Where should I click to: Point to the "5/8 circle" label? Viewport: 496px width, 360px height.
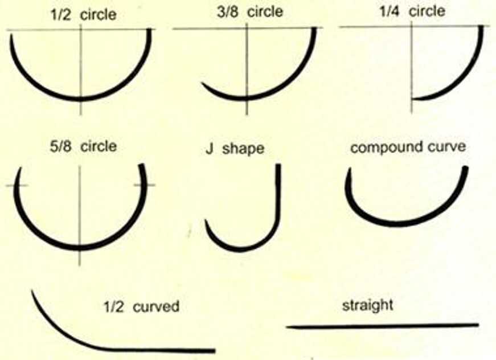[x=83, y=146]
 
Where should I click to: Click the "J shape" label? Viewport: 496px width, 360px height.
[x=235, y=149]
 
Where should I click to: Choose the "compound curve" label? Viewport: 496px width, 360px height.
[x=408, y=147]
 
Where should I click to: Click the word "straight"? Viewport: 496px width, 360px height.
[x=367, y=305]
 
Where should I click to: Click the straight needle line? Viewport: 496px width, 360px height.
[x=382, y=326]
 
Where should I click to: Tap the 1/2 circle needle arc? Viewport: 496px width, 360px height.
[x=34, y=80]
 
